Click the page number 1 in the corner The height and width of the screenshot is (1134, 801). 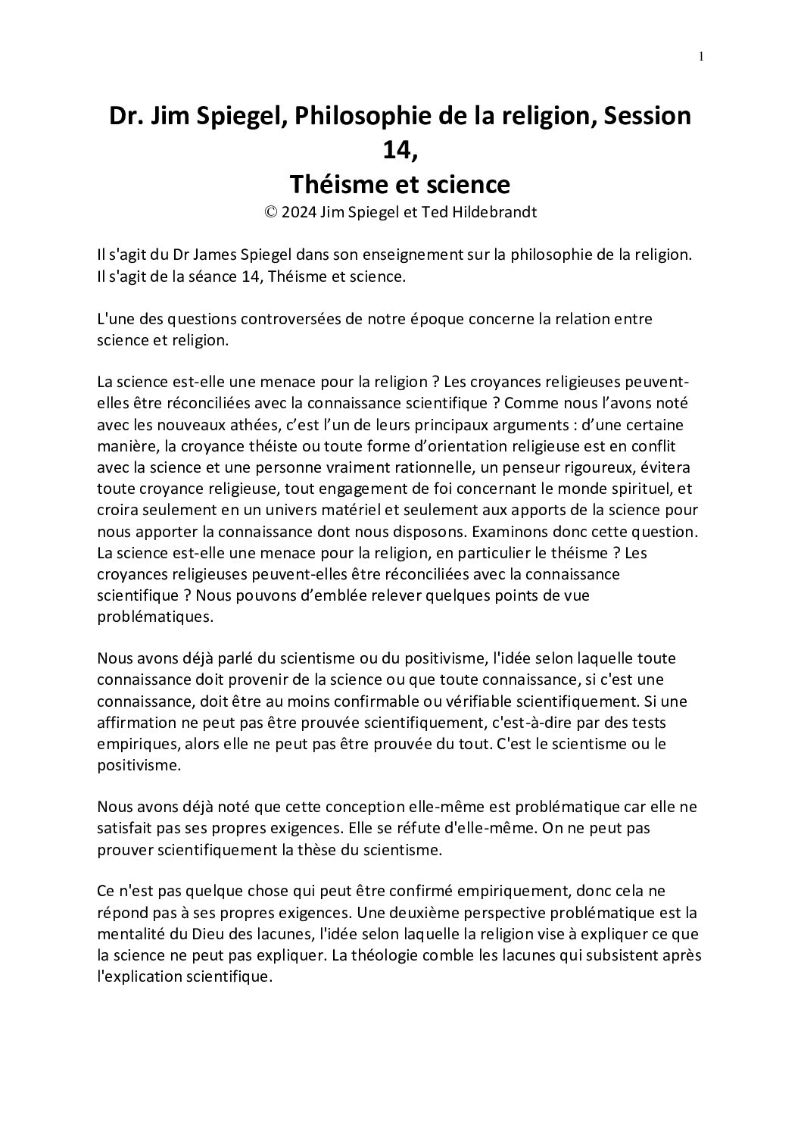pyautogui.click(x=701, y=56)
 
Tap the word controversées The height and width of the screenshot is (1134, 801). pyautogui.click(x=292, y=319)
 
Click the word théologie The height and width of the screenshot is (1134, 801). pyautogui.click(x=397, y=955)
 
